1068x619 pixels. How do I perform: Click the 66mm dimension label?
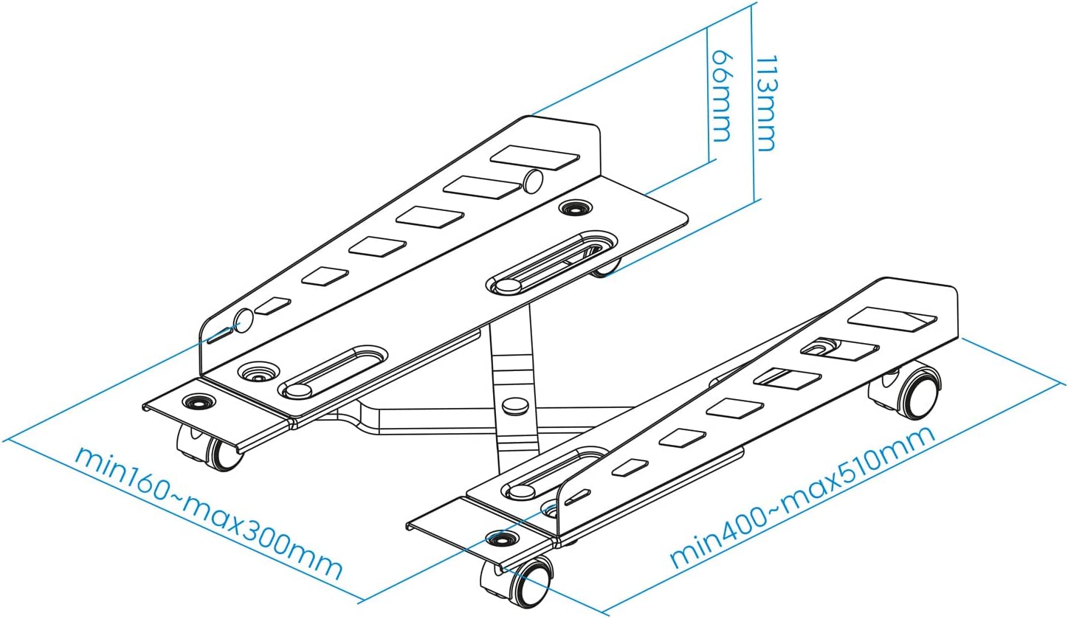point(722,96)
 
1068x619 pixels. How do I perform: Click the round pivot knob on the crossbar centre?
point(511,406)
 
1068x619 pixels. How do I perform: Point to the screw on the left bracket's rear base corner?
point(571,209)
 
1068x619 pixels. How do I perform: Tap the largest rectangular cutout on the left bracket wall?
point(535,156)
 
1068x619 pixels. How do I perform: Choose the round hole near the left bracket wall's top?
point(534,181)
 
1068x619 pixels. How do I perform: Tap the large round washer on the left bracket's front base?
point(259,370)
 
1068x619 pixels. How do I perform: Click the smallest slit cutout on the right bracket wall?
point(576,495)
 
